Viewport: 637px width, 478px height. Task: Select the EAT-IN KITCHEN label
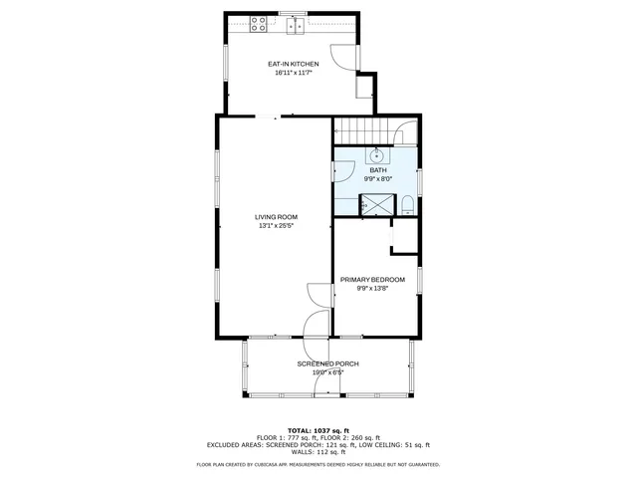coord(294,64)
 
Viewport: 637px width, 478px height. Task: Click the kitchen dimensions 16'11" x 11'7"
coord(294,72)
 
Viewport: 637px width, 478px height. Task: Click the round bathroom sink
coord(378,156)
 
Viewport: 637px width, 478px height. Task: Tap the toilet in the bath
coord(408,204)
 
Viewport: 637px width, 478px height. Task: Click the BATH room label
coord(378,170)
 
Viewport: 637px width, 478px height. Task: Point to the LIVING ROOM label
coord(276,217)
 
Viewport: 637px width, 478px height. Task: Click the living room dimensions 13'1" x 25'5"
coord(276,226)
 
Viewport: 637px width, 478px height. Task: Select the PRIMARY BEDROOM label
coord(373,280)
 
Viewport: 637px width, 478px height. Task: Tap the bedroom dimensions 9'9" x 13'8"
coord(373,289)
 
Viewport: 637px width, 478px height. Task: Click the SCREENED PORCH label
coord(327,364)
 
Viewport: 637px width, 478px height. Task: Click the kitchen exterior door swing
coord(344,58)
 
